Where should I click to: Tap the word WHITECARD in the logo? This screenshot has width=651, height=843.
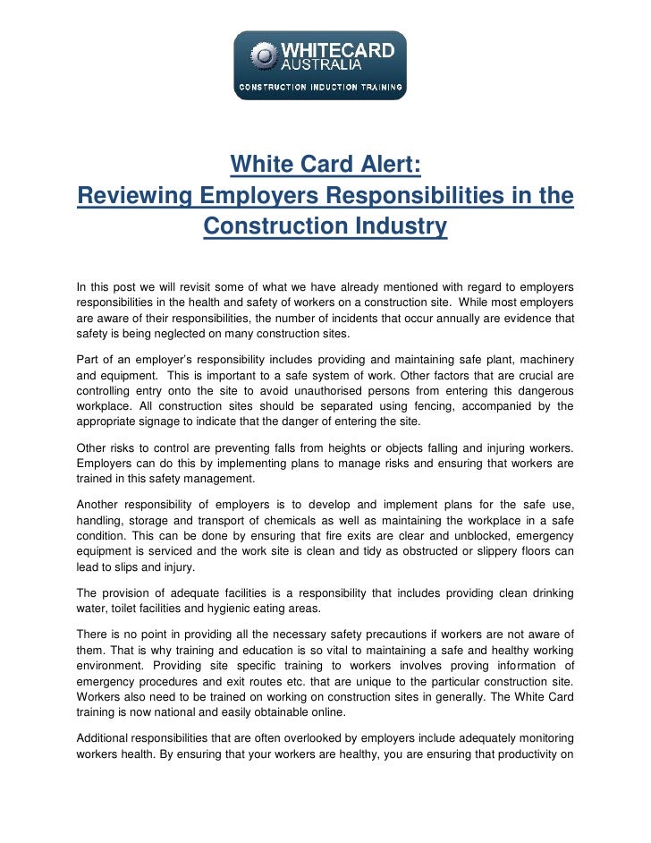pos(338,50)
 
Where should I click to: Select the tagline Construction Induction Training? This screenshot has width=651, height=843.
pos(320,90)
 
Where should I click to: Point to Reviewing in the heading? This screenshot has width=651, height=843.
pos(134,196)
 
